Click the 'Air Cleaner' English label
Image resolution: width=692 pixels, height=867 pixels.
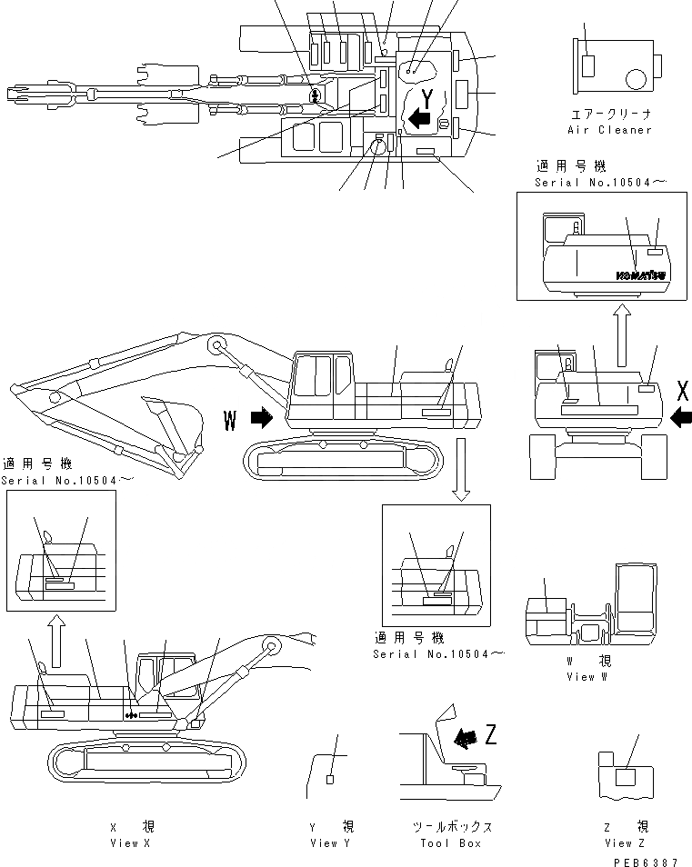pos(610,130)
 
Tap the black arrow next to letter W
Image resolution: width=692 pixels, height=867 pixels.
pos(262,417)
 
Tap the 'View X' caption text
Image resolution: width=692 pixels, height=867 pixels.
pos(125,842)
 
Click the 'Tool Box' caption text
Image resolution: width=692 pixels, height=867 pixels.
pos(451,842)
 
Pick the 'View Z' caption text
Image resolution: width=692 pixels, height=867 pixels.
pos(618,842)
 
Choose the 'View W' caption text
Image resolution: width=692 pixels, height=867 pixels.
pos(580,676)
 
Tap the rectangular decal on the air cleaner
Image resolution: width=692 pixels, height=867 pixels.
pos(588,65)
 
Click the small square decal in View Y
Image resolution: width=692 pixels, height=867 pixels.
pos(330,779)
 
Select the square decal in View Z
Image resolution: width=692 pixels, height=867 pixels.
pos(625,777)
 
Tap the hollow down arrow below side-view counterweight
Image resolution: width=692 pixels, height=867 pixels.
pos(461,469)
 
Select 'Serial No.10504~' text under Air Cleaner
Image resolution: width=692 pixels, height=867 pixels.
pos(601,183)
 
